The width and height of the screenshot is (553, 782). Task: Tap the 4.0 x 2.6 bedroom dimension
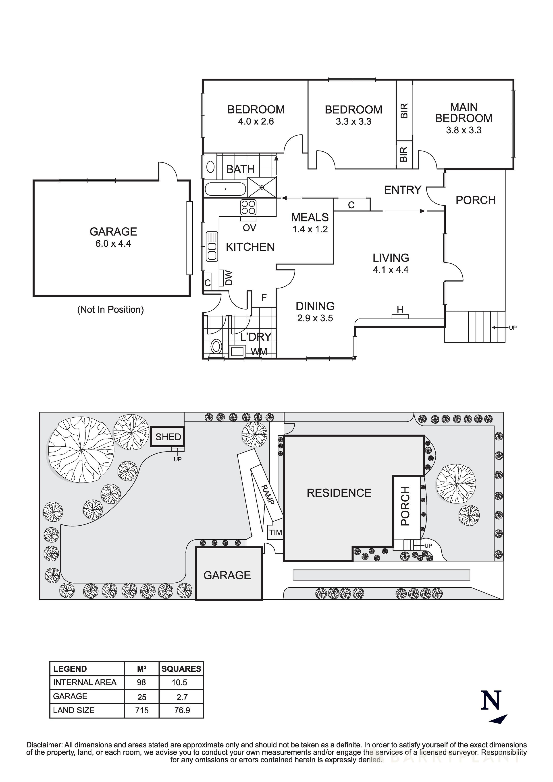pos(256,122)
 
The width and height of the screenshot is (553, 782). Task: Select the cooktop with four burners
pos(249,207)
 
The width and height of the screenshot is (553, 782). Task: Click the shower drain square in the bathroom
pos(262,187)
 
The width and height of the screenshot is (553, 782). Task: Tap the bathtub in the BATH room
pos(225,189)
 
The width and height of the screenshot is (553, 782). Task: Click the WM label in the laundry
pos(259,352)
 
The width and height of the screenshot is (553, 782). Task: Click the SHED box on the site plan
pos(168,437)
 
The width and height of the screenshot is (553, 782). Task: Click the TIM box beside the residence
pos(275,532)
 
